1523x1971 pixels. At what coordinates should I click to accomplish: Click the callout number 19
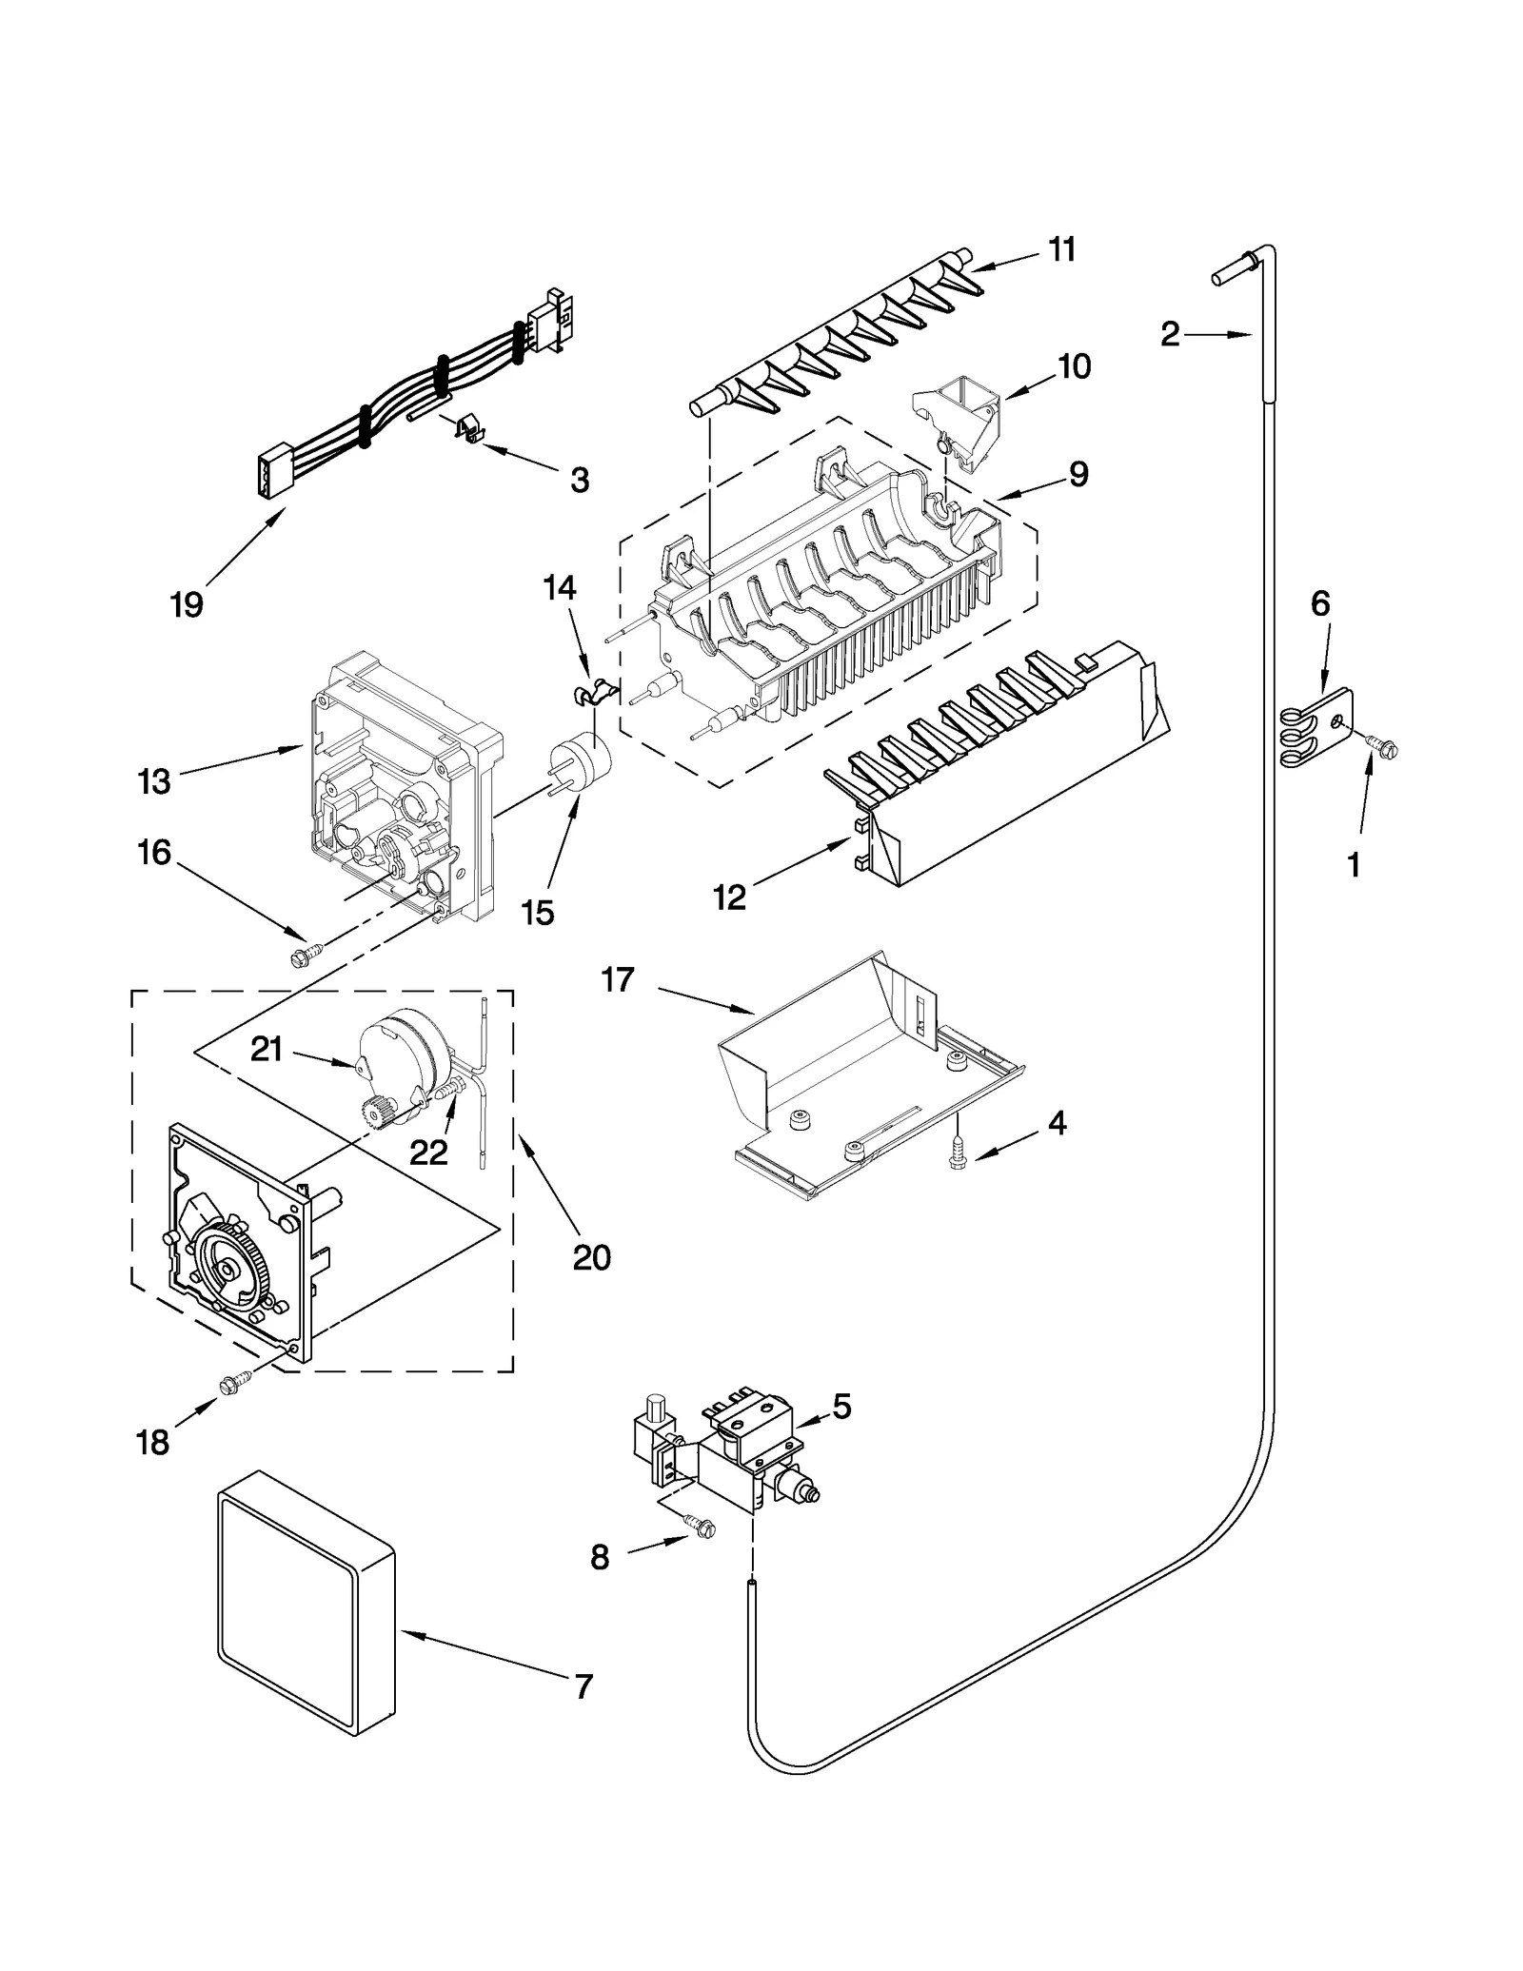tap(188, 604)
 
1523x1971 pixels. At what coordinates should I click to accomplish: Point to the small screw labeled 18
tap(233, 1387)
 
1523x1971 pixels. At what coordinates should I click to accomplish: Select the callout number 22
tap(428, 1153)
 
